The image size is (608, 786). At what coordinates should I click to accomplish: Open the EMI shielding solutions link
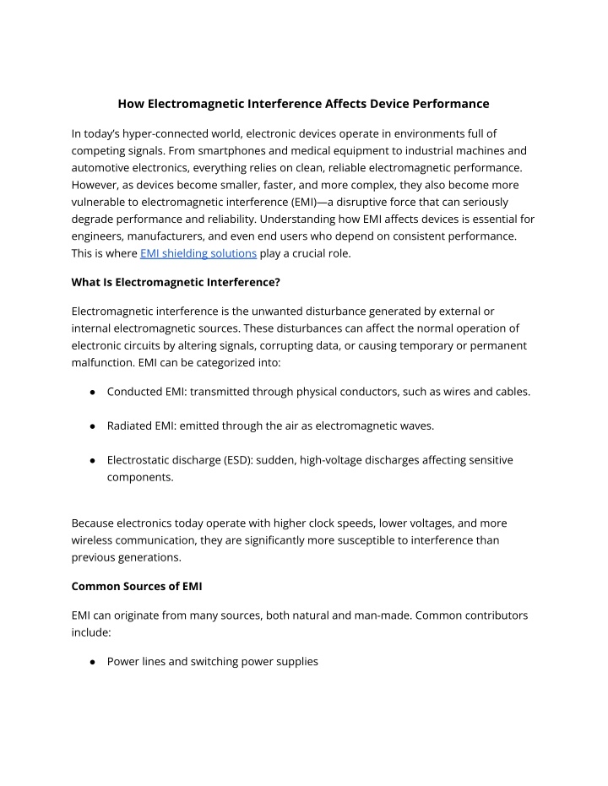click(198, 253)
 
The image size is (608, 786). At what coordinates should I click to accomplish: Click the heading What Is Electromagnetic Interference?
click(176, 282)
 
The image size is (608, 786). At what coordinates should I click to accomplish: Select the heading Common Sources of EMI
click(137, 586)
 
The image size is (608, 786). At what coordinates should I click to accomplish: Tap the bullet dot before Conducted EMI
click(90, 392)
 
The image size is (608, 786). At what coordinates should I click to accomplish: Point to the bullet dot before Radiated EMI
click(90, 426)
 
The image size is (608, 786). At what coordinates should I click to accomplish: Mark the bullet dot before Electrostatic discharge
click(90, 461)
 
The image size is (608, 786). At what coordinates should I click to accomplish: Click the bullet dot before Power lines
click(90, 662)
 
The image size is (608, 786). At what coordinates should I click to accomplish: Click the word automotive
click(102, 167)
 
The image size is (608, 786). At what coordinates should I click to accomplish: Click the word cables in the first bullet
click(509, 392)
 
